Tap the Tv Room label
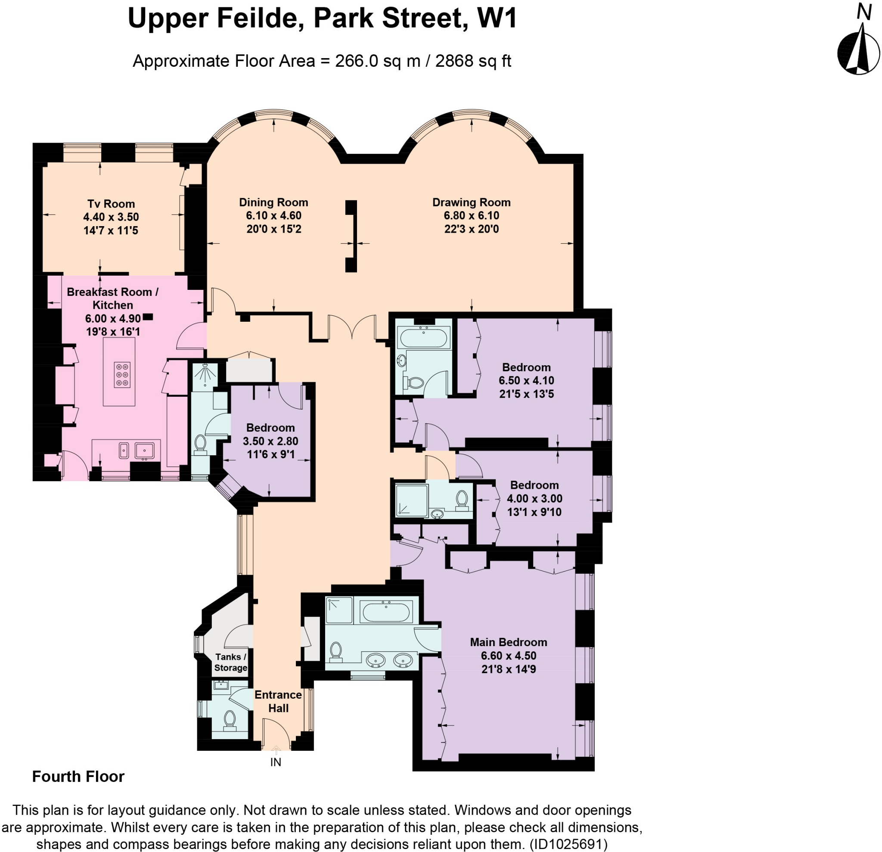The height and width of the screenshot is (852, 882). coord(111,204)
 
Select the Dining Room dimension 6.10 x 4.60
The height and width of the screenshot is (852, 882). coord(273,216)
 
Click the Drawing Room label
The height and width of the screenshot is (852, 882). coord(471,202)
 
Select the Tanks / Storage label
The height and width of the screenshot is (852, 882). coord(230,662)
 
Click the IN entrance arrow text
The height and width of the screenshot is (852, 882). coord(275,762)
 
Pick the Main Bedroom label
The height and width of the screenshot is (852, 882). coord(509,642)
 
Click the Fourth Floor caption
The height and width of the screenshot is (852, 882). coord(78,776)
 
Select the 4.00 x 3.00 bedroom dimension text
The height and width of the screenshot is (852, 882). coord(534,498)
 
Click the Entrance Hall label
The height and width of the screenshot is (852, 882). coord(278,701)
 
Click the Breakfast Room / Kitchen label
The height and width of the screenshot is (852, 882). coord(112,299)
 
